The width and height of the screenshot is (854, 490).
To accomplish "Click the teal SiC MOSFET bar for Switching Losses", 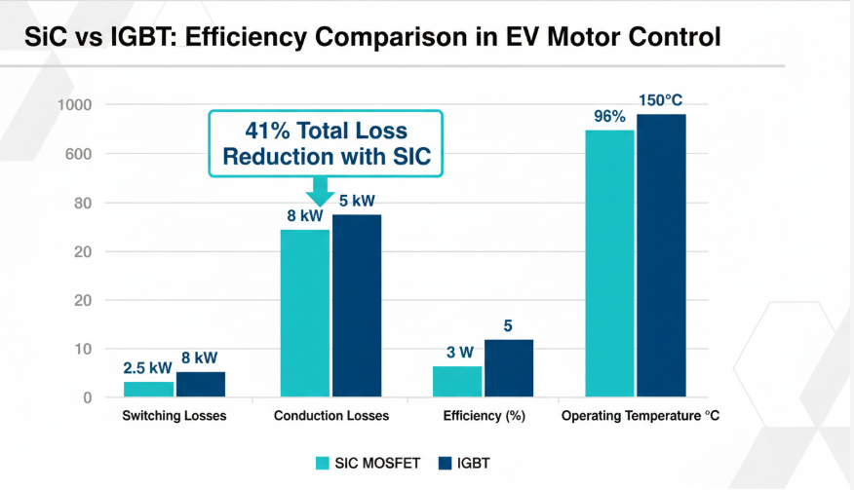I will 148,389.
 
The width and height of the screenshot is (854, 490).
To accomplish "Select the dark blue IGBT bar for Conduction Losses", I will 357,306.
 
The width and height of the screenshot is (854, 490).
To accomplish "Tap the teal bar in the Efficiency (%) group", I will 457,381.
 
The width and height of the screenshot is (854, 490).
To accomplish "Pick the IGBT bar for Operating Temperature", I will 661,255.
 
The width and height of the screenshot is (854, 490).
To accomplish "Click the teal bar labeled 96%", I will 609,263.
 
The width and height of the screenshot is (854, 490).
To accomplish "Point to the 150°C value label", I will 662,100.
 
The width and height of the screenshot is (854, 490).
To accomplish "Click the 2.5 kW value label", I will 148,367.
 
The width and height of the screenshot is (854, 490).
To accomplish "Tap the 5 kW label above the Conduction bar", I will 357,201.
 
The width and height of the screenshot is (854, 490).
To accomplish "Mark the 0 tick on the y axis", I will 88,397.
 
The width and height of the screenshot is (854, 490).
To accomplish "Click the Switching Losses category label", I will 175,416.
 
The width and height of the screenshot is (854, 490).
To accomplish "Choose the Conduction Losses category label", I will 331,416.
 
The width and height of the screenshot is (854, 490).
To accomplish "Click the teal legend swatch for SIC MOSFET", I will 323,463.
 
